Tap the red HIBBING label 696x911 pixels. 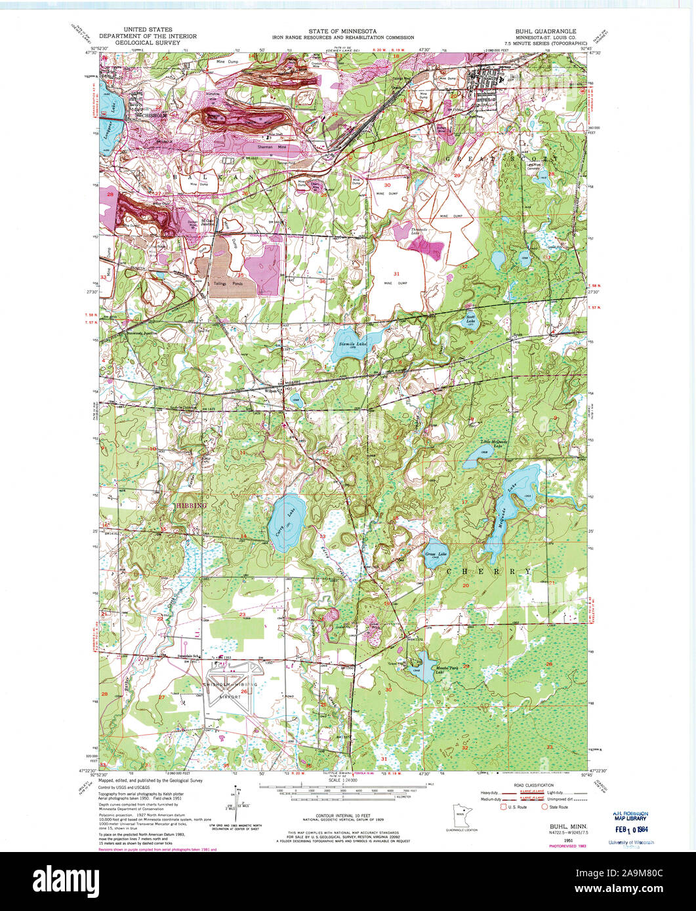[190, 506]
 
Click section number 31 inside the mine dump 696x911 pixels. [396, 273]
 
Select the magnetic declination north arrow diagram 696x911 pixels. [239, 798]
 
